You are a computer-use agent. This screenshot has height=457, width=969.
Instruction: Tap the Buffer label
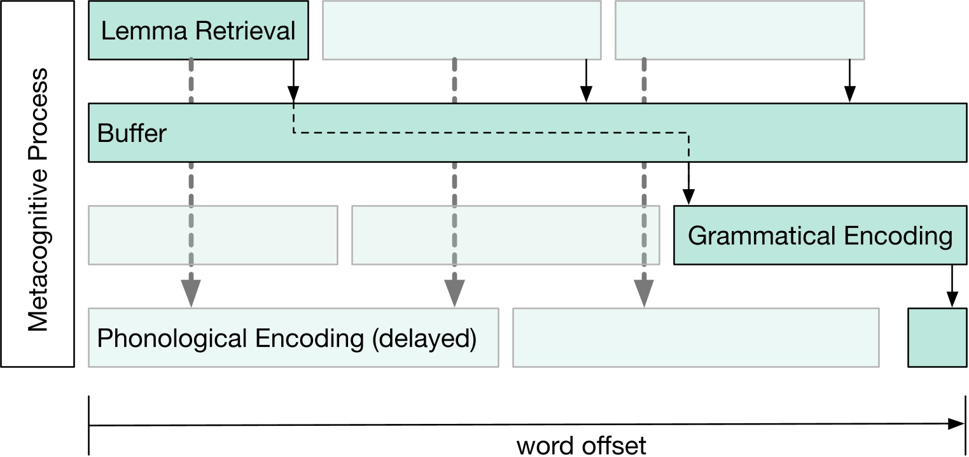(x=132, y=134)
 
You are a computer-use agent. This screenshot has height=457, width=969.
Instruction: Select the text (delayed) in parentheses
(x=424, y=338)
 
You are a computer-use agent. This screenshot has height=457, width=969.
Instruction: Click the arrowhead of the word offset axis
(x=956, y=424)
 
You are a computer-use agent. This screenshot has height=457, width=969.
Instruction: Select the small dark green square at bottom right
(x=937, y=337)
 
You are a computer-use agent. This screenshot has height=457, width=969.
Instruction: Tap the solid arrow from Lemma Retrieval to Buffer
(x=293, y=80)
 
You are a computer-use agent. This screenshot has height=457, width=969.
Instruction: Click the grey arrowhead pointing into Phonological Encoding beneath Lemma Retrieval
(x=191, y=293)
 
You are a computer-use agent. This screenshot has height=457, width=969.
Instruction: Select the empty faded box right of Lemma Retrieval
(x=461, y=30)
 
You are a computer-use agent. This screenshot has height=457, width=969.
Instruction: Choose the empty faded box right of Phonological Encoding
(x=696, y=337)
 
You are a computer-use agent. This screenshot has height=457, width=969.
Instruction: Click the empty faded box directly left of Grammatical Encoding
(x=506, y=235)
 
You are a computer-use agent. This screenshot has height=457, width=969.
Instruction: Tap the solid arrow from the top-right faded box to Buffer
(x=849, y=80)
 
